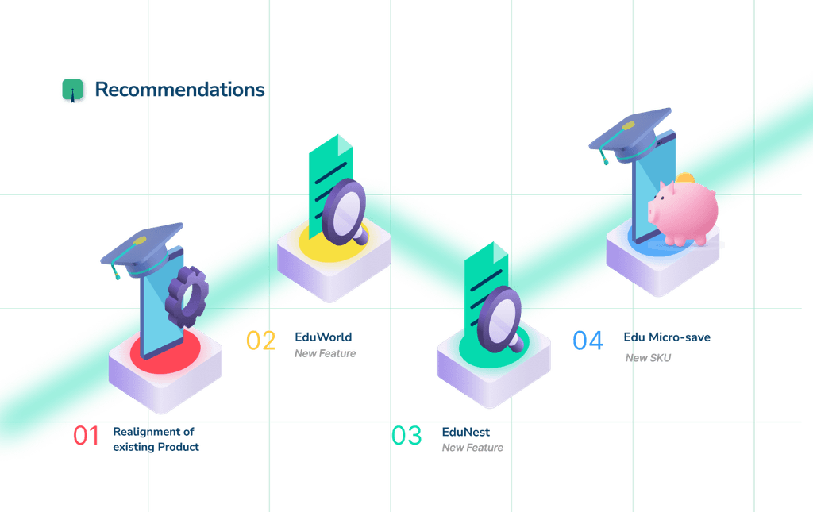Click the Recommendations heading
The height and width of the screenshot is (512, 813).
[179, 90]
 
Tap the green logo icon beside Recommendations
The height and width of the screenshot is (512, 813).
[72, 90]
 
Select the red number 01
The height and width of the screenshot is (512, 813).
[86, 435]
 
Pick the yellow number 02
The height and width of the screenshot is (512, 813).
[260, 341]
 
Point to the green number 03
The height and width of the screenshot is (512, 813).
[406, 435]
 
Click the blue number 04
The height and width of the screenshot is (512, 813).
[588, 341]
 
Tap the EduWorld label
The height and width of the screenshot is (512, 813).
[323, 337]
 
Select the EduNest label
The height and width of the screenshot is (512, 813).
[465, 432]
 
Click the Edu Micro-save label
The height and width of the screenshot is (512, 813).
[667, 337]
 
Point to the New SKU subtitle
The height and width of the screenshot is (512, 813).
[648, 357]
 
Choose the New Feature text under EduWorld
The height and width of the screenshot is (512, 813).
[325, 353]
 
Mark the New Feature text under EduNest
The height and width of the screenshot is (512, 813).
[472, 448]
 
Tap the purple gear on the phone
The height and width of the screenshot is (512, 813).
[187, 297]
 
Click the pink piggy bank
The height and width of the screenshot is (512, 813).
[684, 211]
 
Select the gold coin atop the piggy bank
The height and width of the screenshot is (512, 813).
[685, 178]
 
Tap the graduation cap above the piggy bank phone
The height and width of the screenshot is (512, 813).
[630, 135]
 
